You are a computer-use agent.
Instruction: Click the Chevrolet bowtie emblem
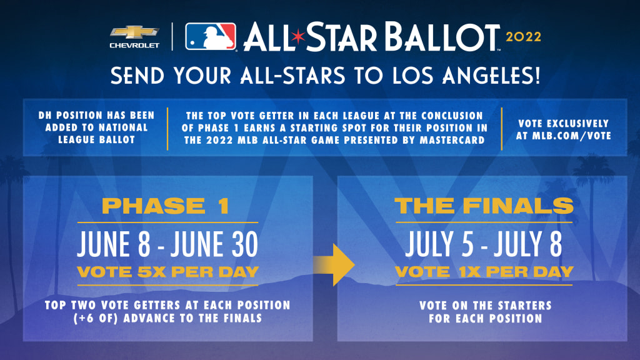(134, 32)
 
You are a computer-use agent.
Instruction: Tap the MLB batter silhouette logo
(211, 36)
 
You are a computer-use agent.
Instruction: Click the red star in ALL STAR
(298, 37)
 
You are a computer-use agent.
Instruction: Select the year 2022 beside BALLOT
(523, 37)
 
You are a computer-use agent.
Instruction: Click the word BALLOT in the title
(442, 37)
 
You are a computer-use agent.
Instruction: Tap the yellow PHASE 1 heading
(165, 206)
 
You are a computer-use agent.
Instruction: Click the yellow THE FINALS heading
(484, 206)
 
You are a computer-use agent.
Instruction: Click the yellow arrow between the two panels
(334, 265)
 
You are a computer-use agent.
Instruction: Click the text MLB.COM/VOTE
(571, 136)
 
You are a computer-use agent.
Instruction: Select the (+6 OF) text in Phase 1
(96, 318)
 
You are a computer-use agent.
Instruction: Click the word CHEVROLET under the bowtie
(134, 45)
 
